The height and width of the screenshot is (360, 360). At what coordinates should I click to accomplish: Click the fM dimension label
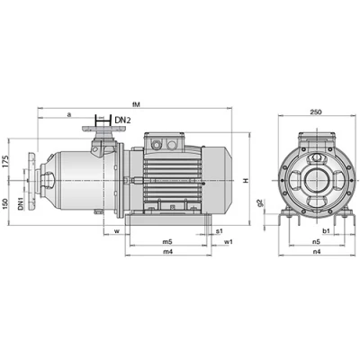tap(137, 104)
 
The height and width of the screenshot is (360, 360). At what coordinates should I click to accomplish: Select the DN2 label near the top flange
tap(123, 121)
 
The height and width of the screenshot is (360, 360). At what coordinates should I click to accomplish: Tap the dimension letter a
tap(68, 114)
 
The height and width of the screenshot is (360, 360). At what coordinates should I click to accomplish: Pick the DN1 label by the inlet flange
tap(21, 203)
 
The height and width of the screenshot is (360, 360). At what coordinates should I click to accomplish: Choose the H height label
tap(246, 181)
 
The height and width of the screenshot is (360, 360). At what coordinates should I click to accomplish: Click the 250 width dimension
tap(316, 112)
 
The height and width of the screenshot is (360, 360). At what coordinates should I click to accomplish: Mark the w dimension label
tap(117, 231)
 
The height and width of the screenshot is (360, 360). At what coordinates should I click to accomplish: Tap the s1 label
tap(220, 230)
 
